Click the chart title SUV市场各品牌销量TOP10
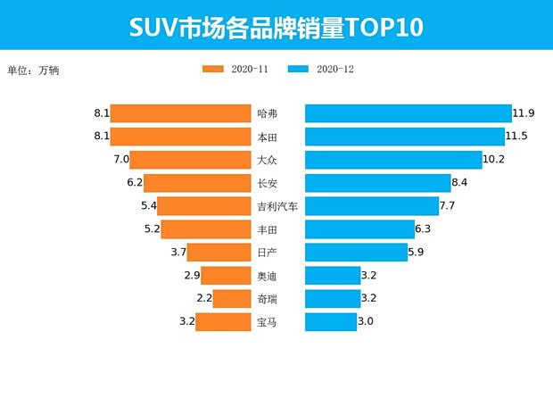[x=276, y=28]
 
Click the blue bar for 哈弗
[x=408, y=113]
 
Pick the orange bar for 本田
[x=180, y=137]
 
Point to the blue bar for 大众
[x=393, y=160]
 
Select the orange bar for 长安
[x=197, y=183]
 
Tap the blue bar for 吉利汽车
[x=372, y=206]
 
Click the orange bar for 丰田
[x=206, y=229]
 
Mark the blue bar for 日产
[x=356, y=253]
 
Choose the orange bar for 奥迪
[x=226, y=276]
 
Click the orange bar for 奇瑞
[x=232, y=299]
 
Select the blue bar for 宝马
[x=331, y=322]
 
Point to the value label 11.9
[x=524, y=113]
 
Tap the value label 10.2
[x=494, y=160]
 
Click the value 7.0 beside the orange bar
[x=122, y=160]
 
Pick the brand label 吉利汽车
[x=276, y=206]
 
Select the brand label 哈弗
[x=267, y=113]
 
